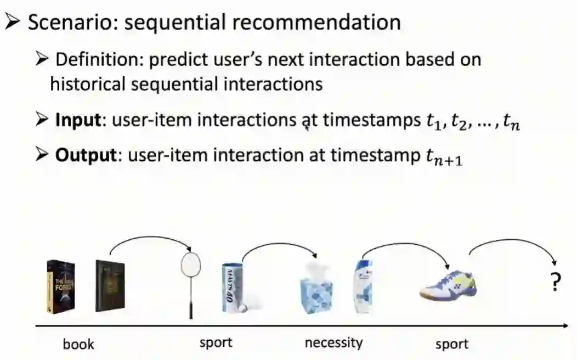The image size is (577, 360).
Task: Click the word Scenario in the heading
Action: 65,22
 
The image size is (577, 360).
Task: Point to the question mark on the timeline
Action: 556,283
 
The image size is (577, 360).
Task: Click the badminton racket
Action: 190,280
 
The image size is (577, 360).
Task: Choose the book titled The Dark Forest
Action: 61,286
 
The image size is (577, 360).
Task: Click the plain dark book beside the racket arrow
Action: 110,286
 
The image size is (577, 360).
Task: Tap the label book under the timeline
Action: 78,345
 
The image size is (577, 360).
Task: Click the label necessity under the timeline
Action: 333,343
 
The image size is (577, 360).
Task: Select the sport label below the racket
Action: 216,343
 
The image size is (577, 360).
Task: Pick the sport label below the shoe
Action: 452,345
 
